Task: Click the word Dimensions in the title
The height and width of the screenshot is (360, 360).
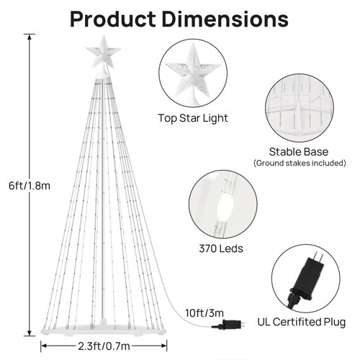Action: coord(228,19)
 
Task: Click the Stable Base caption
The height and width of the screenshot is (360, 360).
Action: coord(297,152)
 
